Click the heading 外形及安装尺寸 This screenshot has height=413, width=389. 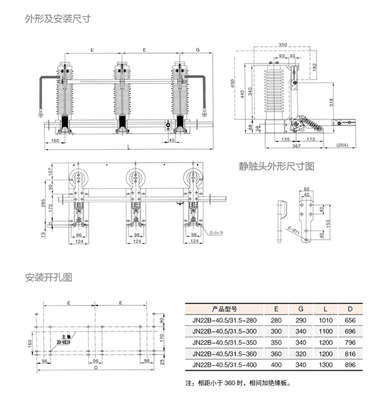[48, 19]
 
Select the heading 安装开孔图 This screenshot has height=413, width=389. [49, 277]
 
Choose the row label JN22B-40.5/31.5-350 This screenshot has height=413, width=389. [225, 342]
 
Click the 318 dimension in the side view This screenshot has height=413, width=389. [331, 102]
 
